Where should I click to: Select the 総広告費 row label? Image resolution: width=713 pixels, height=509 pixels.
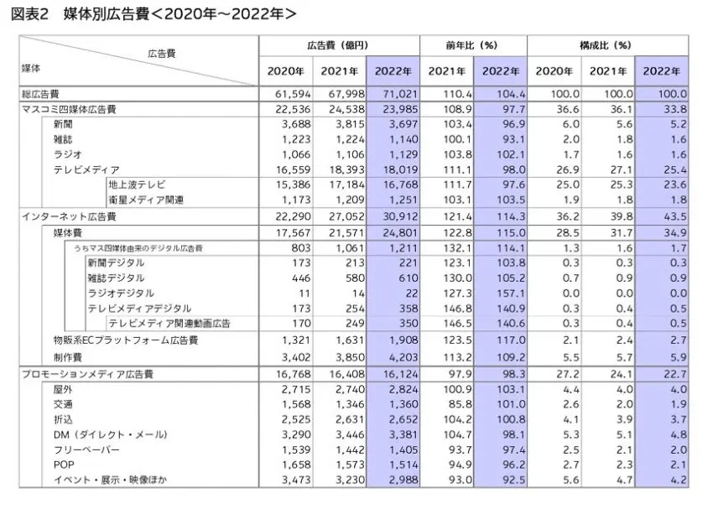click(40, 95)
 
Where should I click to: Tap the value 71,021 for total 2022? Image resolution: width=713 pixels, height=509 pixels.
click(400, 94)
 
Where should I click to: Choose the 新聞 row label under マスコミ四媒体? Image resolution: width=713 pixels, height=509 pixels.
click(63, 124)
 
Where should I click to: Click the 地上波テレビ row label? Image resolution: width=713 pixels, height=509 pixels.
click(137, 184)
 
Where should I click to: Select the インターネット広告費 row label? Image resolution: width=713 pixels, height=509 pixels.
click(69, 217)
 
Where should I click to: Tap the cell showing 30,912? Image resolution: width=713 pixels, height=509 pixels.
click(400, 217)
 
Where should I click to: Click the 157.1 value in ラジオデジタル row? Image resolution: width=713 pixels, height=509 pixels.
click(511, 293)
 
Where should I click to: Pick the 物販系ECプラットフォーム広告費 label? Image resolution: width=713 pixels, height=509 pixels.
click(126, 340)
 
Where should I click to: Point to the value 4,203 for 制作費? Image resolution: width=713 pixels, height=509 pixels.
click(403, 357)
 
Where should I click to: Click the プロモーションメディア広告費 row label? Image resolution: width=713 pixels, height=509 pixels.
click(88, 375)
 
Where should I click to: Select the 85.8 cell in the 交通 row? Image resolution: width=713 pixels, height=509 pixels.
click(460, 404)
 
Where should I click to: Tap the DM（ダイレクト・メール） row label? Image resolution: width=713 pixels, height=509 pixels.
click(111, 435)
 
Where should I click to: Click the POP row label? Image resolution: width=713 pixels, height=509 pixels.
click(64, 465)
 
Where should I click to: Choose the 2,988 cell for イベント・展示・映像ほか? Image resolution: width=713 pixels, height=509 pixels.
click(403, 480)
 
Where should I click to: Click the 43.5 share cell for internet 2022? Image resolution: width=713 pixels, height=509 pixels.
click(675, 217)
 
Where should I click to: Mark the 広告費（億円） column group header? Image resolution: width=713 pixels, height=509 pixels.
click(338, 45)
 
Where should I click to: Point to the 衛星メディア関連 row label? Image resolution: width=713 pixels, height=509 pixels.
click(146, 200)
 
